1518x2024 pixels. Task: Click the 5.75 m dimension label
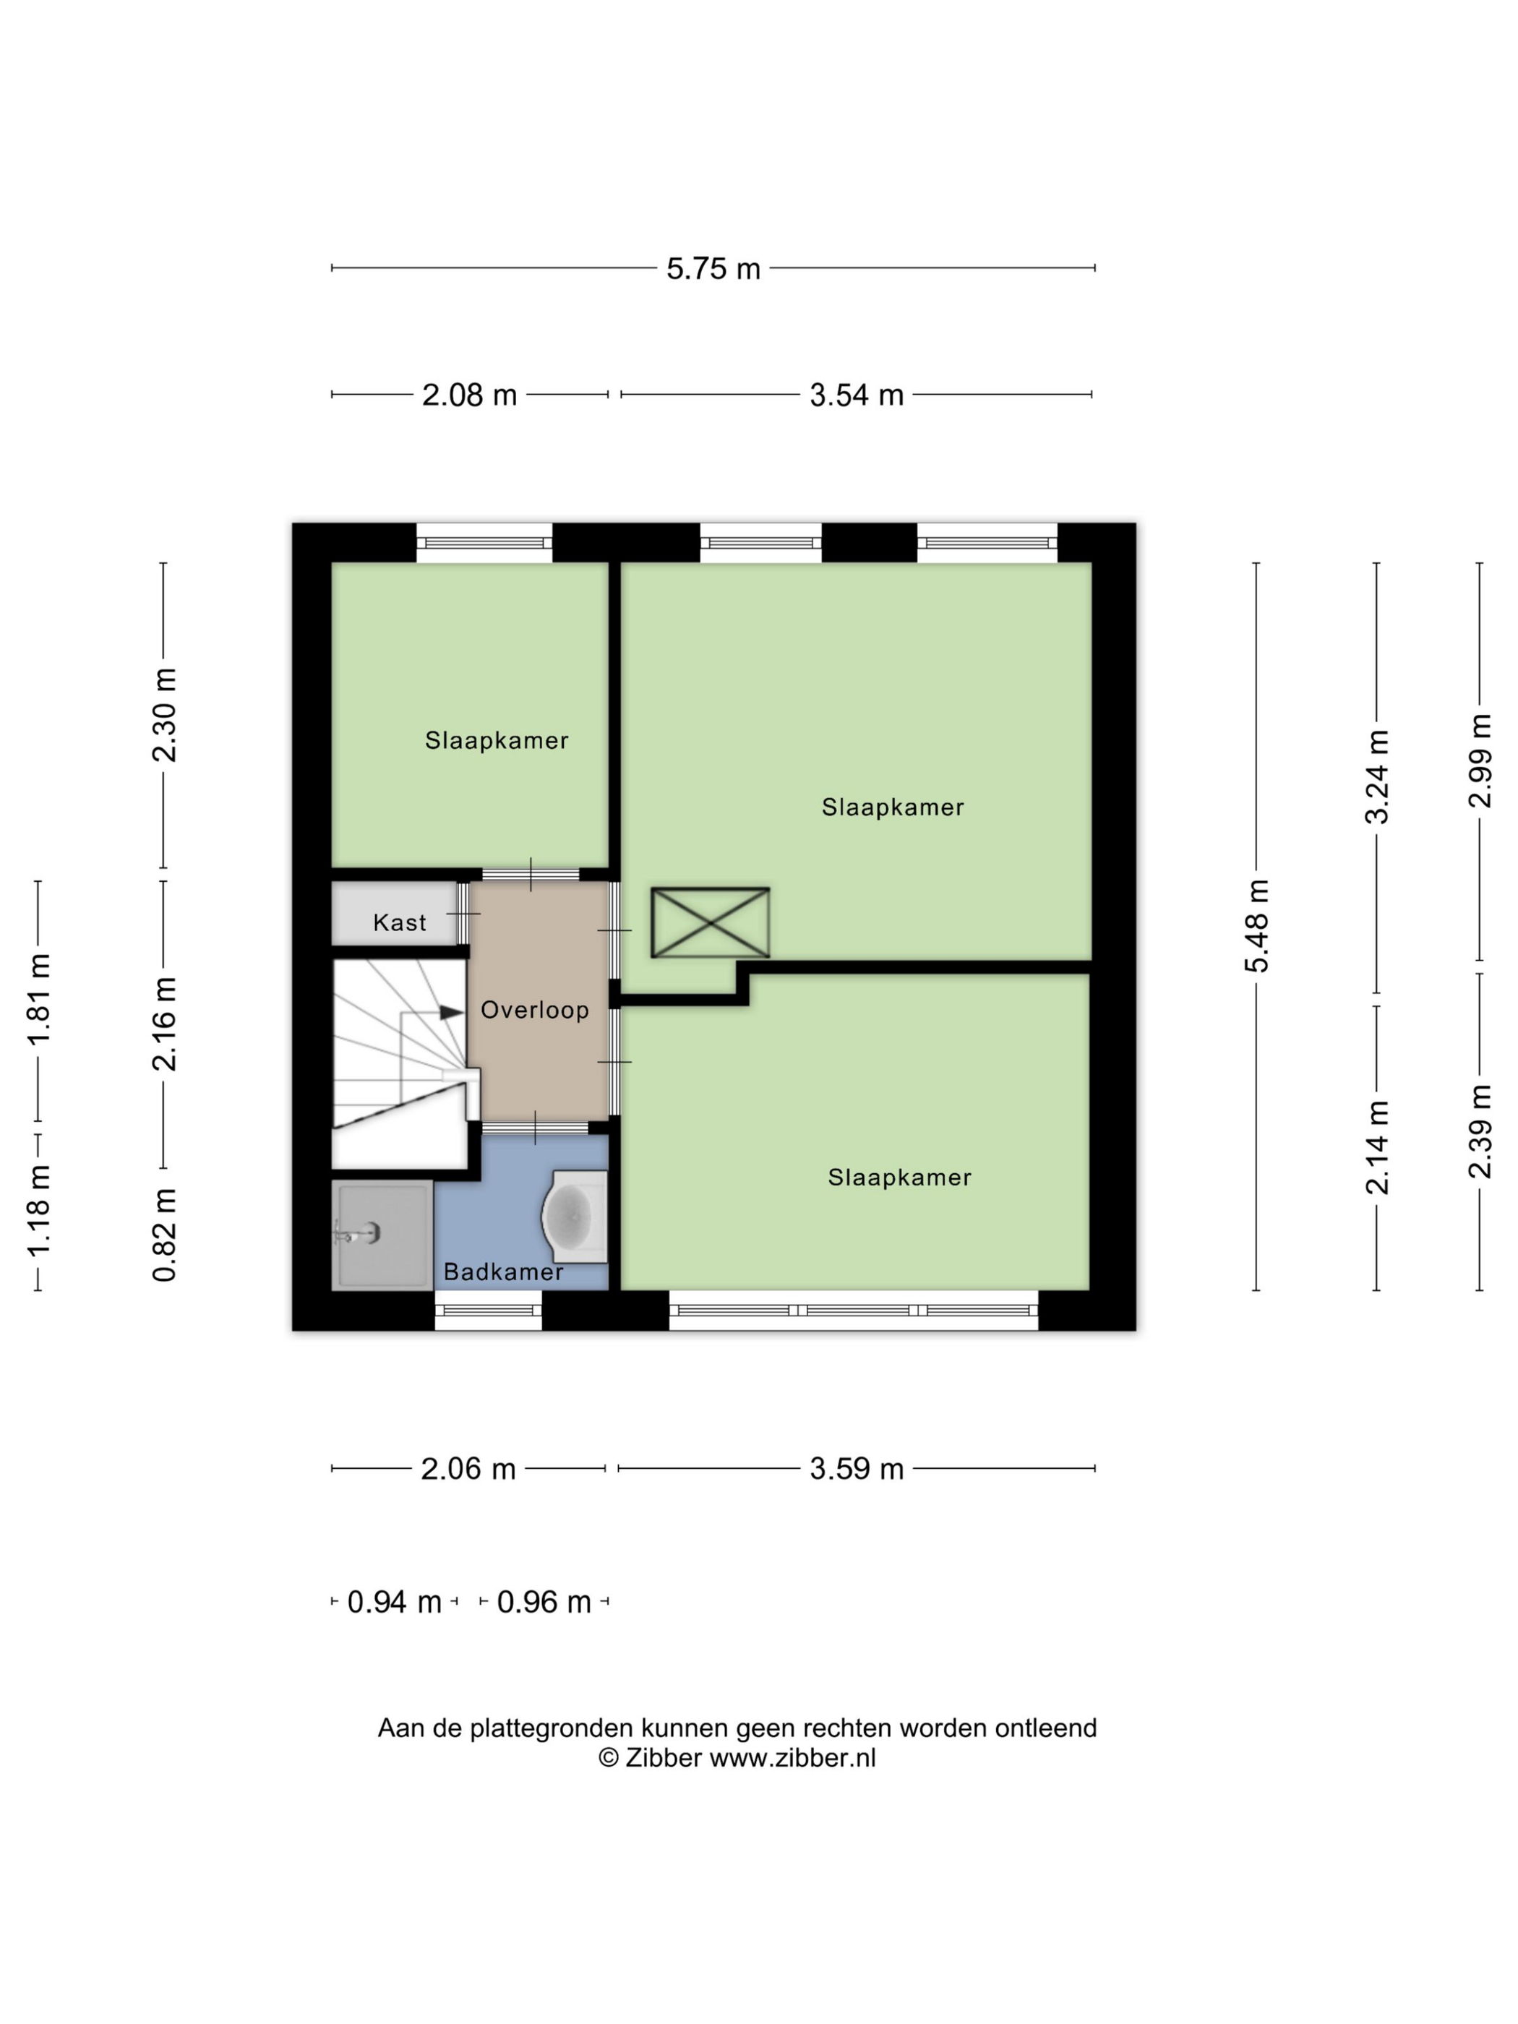pyautogui.click(x=713, y=268)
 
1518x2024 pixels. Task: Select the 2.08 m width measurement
pyautogui.click(x=469, y=395)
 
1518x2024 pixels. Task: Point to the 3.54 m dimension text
pyautogui.click(x=857, y=395)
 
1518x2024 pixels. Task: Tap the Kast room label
pyautogui.click(x=400, y=922)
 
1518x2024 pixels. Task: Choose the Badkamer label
pyautogui.click(x=503, y=1272)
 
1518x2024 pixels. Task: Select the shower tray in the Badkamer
pyautogui.click(x=382, y=1235)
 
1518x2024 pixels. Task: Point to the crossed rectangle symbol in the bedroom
pyautogui.click(x=710, y=922)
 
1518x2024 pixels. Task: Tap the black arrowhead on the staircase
pyautogui.click(x=452, y=1012)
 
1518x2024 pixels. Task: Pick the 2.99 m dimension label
pyautogui.click(x=1480, y=760)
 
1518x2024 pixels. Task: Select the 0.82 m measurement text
pyautogui.click(x=165, y=1235)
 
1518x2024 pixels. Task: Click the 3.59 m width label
pyautogui.click(x=857, y=1469)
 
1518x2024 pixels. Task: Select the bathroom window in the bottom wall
pyautogui.click(x=488, y=1311)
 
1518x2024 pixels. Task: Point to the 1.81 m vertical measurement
pyautogui.click(x=38, y=1000)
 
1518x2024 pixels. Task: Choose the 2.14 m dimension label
pyautogui.click(x=1377, y=1147)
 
